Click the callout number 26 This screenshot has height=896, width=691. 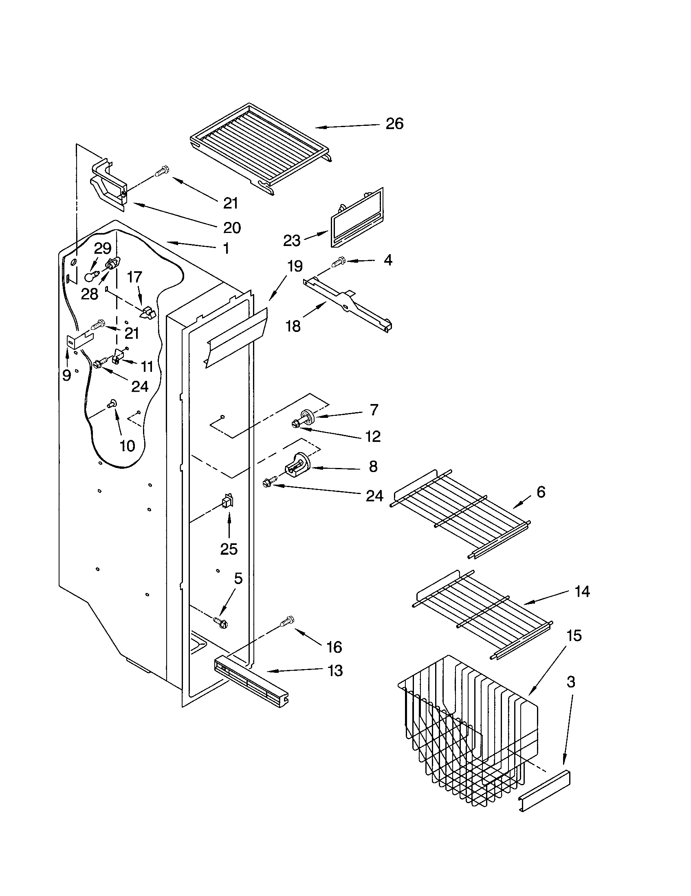point(394,123)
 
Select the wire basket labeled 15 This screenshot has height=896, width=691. point(468,734)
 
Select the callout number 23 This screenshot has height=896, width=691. point(292,240)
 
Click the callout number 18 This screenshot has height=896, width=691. point(293,326)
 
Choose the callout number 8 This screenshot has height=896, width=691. point(372,466)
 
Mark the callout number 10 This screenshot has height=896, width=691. point(127,446)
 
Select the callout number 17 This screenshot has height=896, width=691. point(134,277)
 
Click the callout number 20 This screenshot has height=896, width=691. point(232,227)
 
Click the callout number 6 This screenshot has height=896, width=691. point(541,491)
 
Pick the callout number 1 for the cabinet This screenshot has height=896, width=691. point(226,248)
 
